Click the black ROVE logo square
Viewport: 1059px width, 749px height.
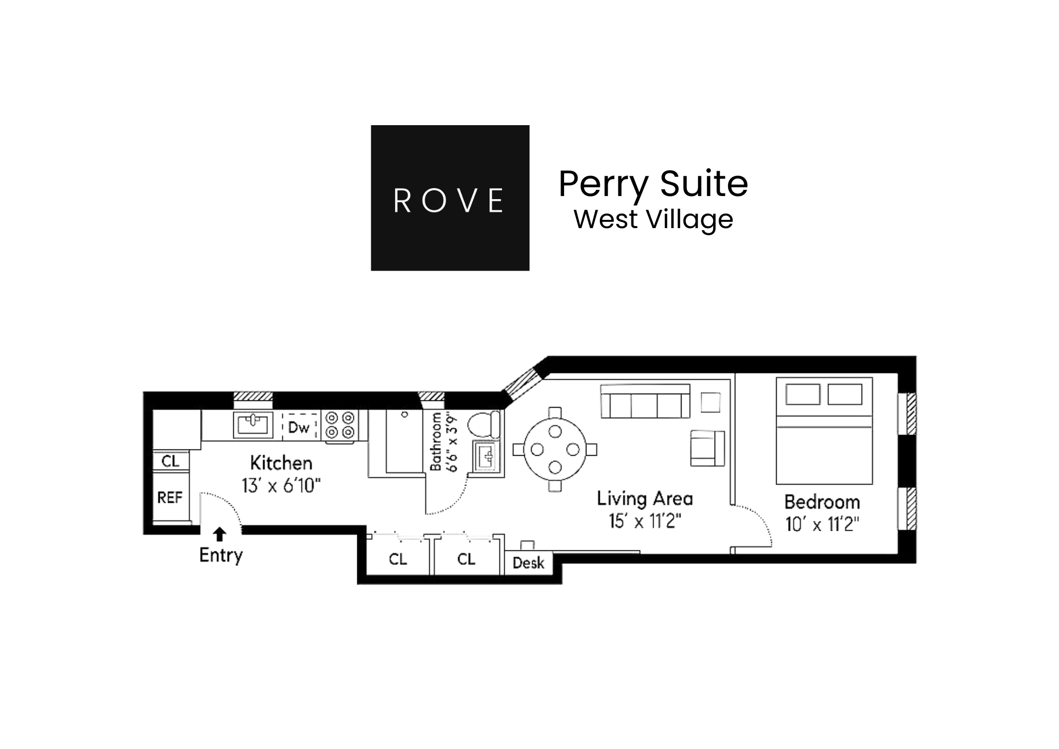pyautogui.click(x=450, y=198)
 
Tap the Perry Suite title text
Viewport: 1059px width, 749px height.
pyautogui.click(x=653, y=184)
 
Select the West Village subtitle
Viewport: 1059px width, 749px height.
pyautogui.click(x=653, y=219)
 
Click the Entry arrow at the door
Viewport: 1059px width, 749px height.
pyautogui.click(x=220, y=534)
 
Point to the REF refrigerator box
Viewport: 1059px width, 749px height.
pyautogui.click(x=170, y=498)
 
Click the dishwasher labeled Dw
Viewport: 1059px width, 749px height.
pyautogui.click(x=299, y=427)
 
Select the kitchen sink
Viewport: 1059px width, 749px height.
pyautogui.click(x=253, y=425)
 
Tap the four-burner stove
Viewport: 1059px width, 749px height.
pyautogui.click(x=339, y=425)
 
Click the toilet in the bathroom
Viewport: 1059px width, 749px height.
pyautogui.click(x=484, y=425)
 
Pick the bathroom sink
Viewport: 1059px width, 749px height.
pyautogui.click(x=487, y=456)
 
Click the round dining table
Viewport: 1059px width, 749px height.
pyautogui.click(x=555, y=450)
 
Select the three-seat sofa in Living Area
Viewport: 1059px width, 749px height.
pyautogui.click(x=645, y=401)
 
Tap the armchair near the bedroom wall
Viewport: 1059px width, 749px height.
pyautogui.click(x=707, y=448)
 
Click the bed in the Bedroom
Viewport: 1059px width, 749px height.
pyautogui.click(x=824, y=431)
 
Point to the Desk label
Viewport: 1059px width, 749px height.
pyautogui.click(x=528, y=563)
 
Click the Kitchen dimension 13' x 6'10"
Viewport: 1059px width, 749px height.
pyautogui.click(x=281, y=486)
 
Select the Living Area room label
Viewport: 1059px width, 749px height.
pyautogui.click(x=645, y=499)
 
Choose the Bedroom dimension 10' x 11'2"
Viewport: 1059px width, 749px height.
pyautogui.click(x=822, y=525)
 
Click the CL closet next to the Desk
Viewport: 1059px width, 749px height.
pyautogui.click(x=466, y=559)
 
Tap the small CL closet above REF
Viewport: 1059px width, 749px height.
pyautogui.click(x=171, y=460)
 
